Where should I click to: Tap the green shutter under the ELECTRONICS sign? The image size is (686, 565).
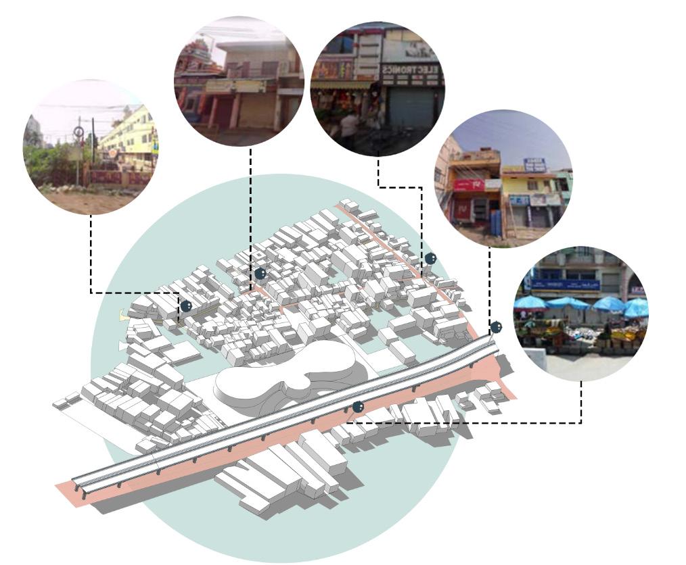coord(410,107)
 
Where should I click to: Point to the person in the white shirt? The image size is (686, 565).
coord(350,126)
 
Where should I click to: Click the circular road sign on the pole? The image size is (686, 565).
coord(79,132)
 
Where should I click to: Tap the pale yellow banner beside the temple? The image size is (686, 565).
coord(237,87)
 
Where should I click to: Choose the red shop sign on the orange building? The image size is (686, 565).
coord(469,185)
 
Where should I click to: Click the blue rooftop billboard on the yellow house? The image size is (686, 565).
coord(534,164)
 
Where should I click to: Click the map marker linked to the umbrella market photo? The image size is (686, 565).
coord(358,407)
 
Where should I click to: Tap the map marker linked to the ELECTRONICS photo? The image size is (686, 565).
coord(430,259)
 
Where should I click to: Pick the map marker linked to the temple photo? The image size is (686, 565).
coord(260,274)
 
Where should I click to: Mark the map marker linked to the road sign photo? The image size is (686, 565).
coord(186,306)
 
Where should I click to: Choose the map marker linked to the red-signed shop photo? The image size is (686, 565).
coord(496,327)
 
